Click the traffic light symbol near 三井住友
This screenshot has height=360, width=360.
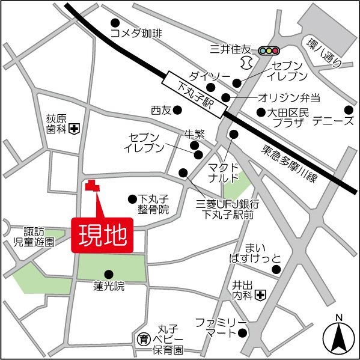(270, 50)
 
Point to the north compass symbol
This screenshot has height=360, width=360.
(338, 337)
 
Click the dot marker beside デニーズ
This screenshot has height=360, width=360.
(349, 109)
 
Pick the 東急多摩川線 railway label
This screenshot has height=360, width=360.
(293, 162)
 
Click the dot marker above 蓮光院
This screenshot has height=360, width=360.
(109, 273)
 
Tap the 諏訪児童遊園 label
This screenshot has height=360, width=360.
(34, 237)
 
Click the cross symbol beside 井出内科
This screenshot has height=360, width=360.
(260, 294)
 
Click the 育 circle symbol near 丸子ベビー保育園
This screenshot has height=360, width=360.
(142, 339)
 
